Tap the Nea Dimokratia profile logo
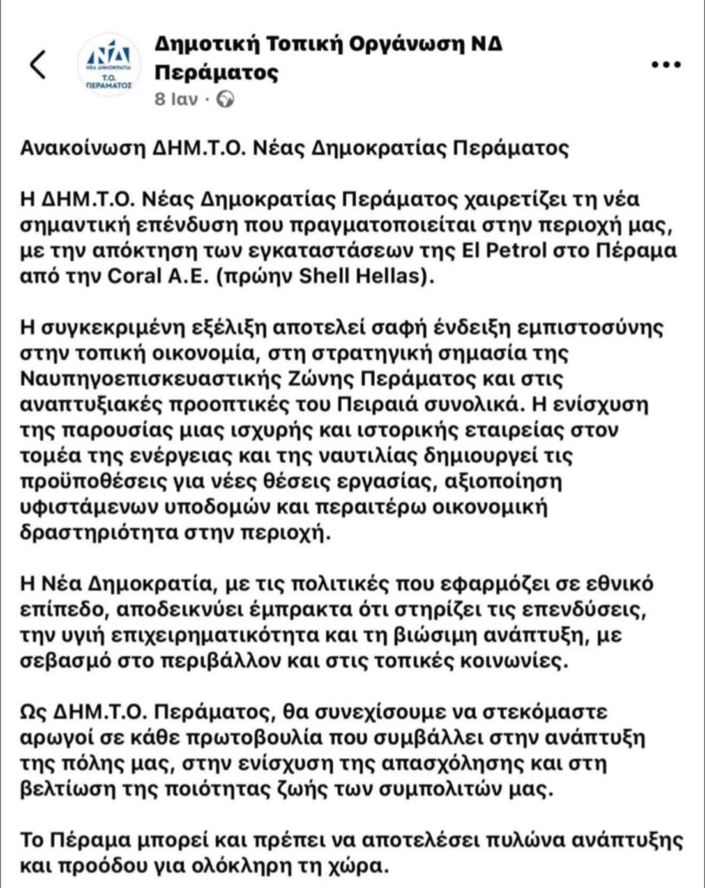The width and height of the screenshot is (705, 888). [x=108, y=64]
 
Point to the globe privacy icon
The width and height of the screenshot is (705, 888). [x=226, y=99]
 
